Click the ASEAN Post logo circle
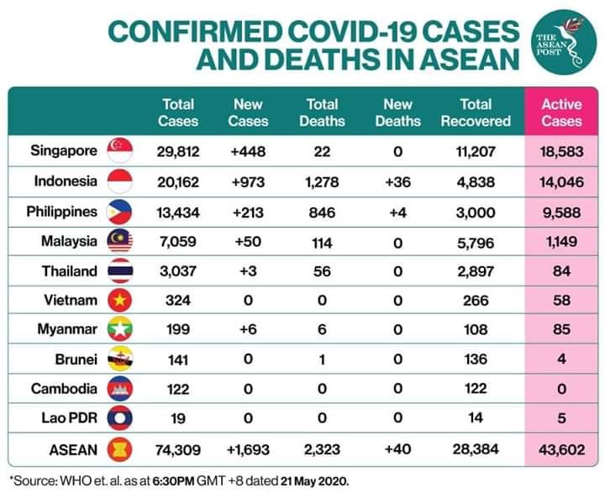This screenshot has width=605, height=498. pos(564,42)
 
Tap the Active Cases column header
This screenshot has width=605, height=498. pos(561,113)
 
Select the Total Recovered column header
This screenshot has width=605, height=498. pos(476,113)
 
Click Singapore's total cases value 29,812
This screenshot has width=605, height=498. pos(178,152)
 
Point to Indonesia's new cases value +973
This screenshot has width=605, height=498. pos(248,181)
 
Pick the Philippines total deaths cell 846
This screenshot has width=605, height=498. pos(322,212)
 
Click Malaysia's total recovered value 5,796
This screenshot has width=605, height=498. pos(476,243)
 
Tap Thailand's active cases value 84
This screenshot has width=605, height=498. pos(561,271)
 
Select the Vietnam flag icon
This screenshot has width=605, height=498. pos(119,300)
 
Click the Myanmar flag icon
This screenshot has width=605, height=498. pos(119,329)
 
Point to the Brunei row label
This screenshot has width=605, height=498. pos(76,359)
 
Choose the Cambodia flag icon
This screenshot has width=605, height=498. pos(119,389)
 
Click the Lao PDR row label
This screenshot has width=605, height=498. pos(70,417)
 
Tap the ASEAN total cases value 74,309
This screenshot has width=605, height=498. pos(178,450)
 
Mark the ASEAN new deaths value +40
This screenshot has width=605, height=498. pos(397,449)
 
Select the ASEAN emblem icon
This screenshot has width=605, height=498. pos(119,449)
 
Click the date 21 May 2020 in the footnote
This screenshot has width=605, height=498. pos(314,481)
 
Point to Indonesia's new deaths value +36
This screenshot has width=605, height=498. pos(397,181)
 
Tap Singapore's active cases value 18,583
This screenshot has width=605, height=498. pos(561,152)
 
